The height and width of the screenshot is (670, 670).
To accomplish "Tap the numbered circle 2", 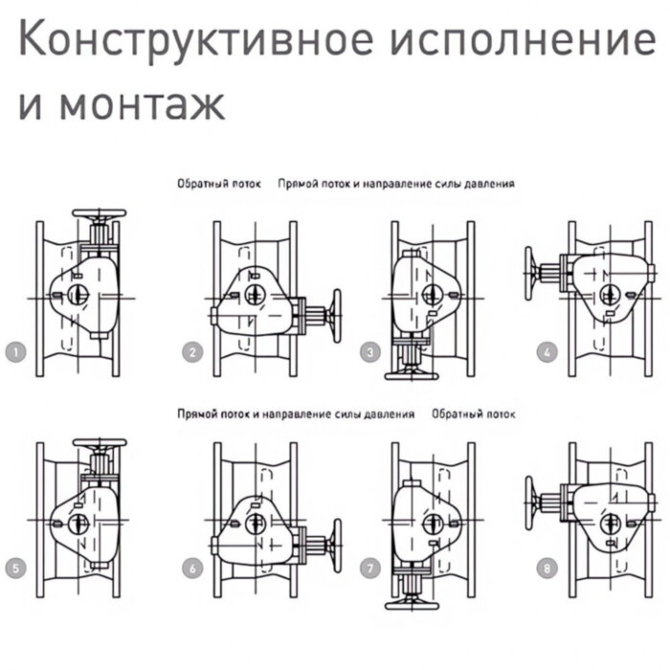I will [x=193, y=352].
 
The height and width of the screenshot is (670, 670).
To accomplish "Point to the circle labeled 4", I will [x=547, y=352].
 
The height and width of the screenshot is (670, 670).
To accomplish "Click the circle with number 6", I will [x=193, y=569].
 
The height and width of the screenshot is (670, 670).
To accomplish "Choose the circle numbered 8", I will [x=547, y=569].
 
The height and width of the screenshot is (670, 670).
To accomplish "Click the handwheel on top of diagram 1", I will [x=100, y=213].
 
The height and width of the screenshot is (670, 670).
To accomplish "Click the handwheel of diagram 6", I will [x=335, y=548].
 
